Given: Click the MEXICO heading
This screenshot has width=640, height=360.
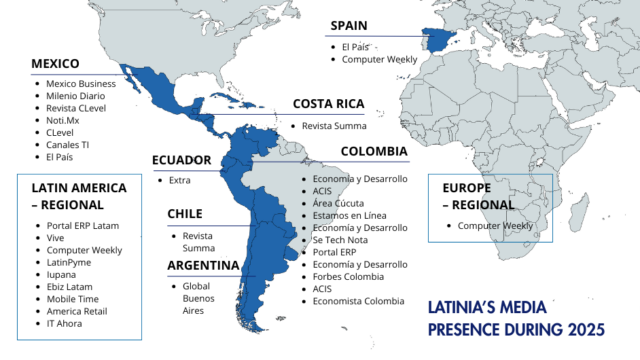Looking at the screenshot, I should click(x=55, y=64).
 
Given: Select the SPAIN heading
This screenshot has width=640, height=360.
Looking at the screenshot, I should click(x=349, y=26).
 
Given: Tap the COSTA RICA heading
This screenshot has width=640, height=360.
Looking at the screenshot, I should click(x=328, y=104).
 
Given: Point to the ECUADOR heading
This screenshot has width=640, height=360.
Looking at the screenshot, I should click(x=181, y=160).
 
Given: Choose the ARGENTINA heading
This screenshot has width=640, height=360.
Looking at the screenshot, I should click(x=203, y=266).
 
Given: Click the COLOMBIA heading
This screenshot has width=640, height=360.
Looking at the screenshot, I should click(x=374, y=151).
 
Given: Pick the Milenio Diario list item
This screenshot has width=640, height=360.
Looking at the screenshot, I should click(x=75, y=96).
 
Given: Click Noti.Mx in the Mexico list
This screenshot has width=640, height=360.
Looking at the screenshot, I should click(x=63, y=120).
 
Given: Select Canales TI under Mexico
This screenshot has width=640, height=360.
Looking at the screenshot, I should click(x=67, y=145).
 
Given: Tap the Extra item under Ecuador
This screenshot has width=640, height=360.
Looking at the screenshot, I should click(x=179, y=180).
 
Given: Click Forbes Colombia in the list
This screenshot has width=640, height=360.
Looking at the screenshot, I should click(x=348, y=276).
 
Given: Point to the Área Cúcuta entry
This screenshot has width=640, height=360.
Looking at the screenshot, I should click(x=338, y=203).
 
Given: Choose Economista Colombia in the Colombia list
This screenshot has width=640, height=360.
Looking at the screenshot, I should click(x=358, y=301).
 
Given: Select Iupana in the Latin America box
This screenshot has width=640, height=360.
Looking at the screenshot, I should click(x=61, y=274).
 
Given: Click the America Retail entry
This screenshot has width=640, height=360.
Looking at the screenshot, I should click(x=77, y=311).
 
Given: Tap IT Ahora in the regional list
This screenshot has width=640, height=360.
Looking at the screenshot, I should click(x=64, y=323).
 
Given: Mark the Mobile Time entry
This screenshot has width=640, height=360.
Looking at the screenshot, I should click(x=73, y=299).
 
